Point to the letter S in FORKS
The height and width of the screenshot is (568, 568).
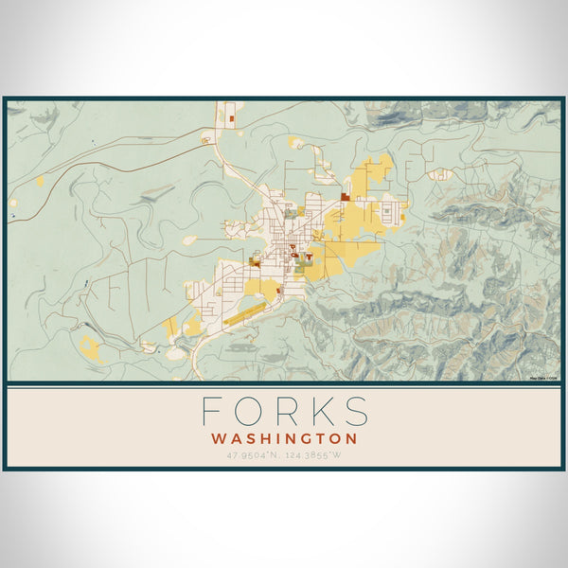pyautogui.click(x=355, y=412)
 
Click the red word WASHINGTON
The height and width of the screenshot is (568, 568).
pyautogui.click(x=284, y=439)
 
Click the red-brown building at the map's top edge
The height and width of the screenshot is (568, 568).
pyautogui.click(x=231, y=119)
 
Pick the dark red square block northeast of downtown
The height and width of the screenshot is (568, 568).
pyautogui.click(x=346, y=196)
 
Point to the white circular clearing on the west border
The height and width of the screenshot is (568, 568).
pyautogui.click(x=13, y=202)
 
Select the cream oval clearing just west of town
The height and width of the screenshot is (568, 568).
pyautogui.click(x=188, y=240)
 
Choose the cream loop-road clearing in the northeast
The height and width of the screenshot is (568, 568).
pyautogui.click(x=439, y=174)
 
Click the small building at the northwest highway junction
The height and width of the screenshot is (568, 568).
pyautogui.click(x=204, y=140)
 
